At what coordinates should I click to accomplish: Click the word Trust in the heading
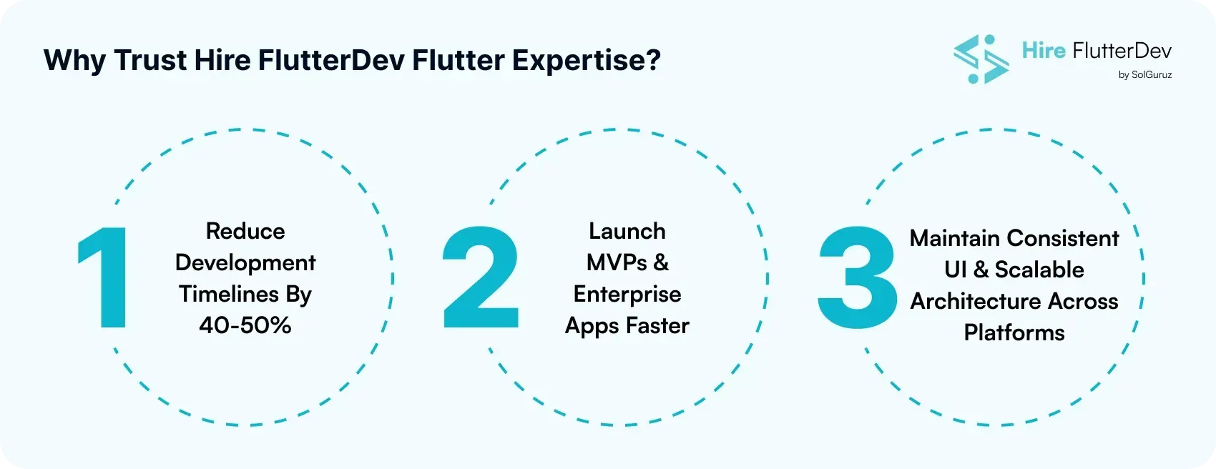coord(149,60)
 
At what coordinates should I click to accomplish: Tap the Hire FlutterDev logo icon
coord(981,59)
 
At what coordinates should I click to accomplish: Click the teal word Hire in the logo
coord(1044,51)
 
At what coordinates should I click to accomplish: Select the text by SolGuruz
coord(1144,74)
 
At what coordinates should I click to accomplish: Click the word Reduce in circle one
coord(245,231)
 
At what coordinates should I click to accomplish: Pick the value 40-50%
coord(245,326)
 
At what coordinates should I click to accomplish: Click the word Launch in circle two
coord(627,231)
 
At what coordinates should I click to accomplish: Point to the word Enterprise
coord(627,295)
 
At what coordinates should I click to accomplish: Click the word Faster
coord(657,326)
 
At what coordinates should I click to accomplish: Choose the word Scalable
coord(1039,270)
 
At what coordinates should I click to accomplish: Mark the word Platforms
coord(1014,333)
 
